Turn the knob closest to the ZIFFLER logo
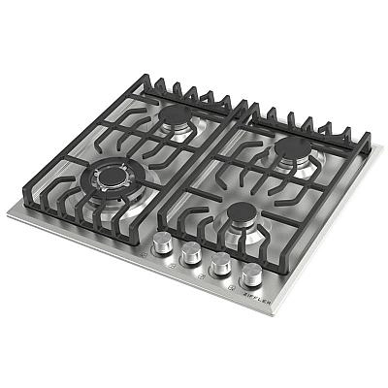click(x=252, y=273)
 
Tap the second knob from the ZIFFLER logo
click(x=221, y=263)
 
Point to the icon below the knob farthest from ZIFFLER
click(x=144, y=254)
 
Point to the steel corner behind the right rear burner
click(x=375, y=150)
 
